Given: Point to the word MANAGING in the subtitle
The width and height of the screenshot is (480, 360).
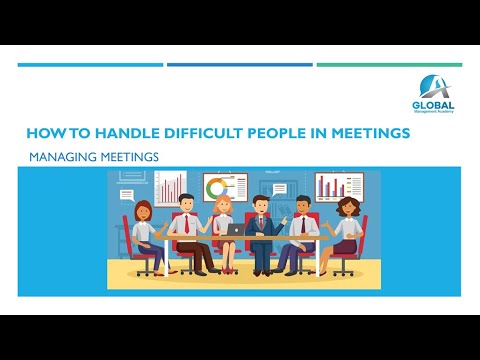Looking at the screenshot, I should tap(63, 157).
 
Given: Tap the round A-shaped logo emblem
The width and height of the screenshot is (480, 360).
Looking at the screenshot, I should tap(433, 87).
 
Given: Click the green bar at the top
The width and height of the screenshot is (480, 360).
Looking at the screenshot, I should tap(389, 65).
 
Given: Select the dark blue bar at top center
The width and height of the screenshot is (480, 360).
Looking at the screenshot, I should tap(239, 65).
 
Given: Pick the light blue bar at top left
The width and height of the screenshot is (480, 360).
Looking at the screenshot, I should tap(90, 65).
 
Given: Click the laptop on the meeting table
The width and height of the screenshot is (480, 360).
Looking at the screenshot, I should tap(236, 228).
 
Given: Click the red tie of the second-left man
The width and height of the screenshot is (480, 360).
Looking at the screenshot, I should tap(184, 225).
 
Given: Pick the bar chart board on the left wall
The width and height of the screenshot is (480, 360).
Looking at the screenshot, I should tap(170, 187).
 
